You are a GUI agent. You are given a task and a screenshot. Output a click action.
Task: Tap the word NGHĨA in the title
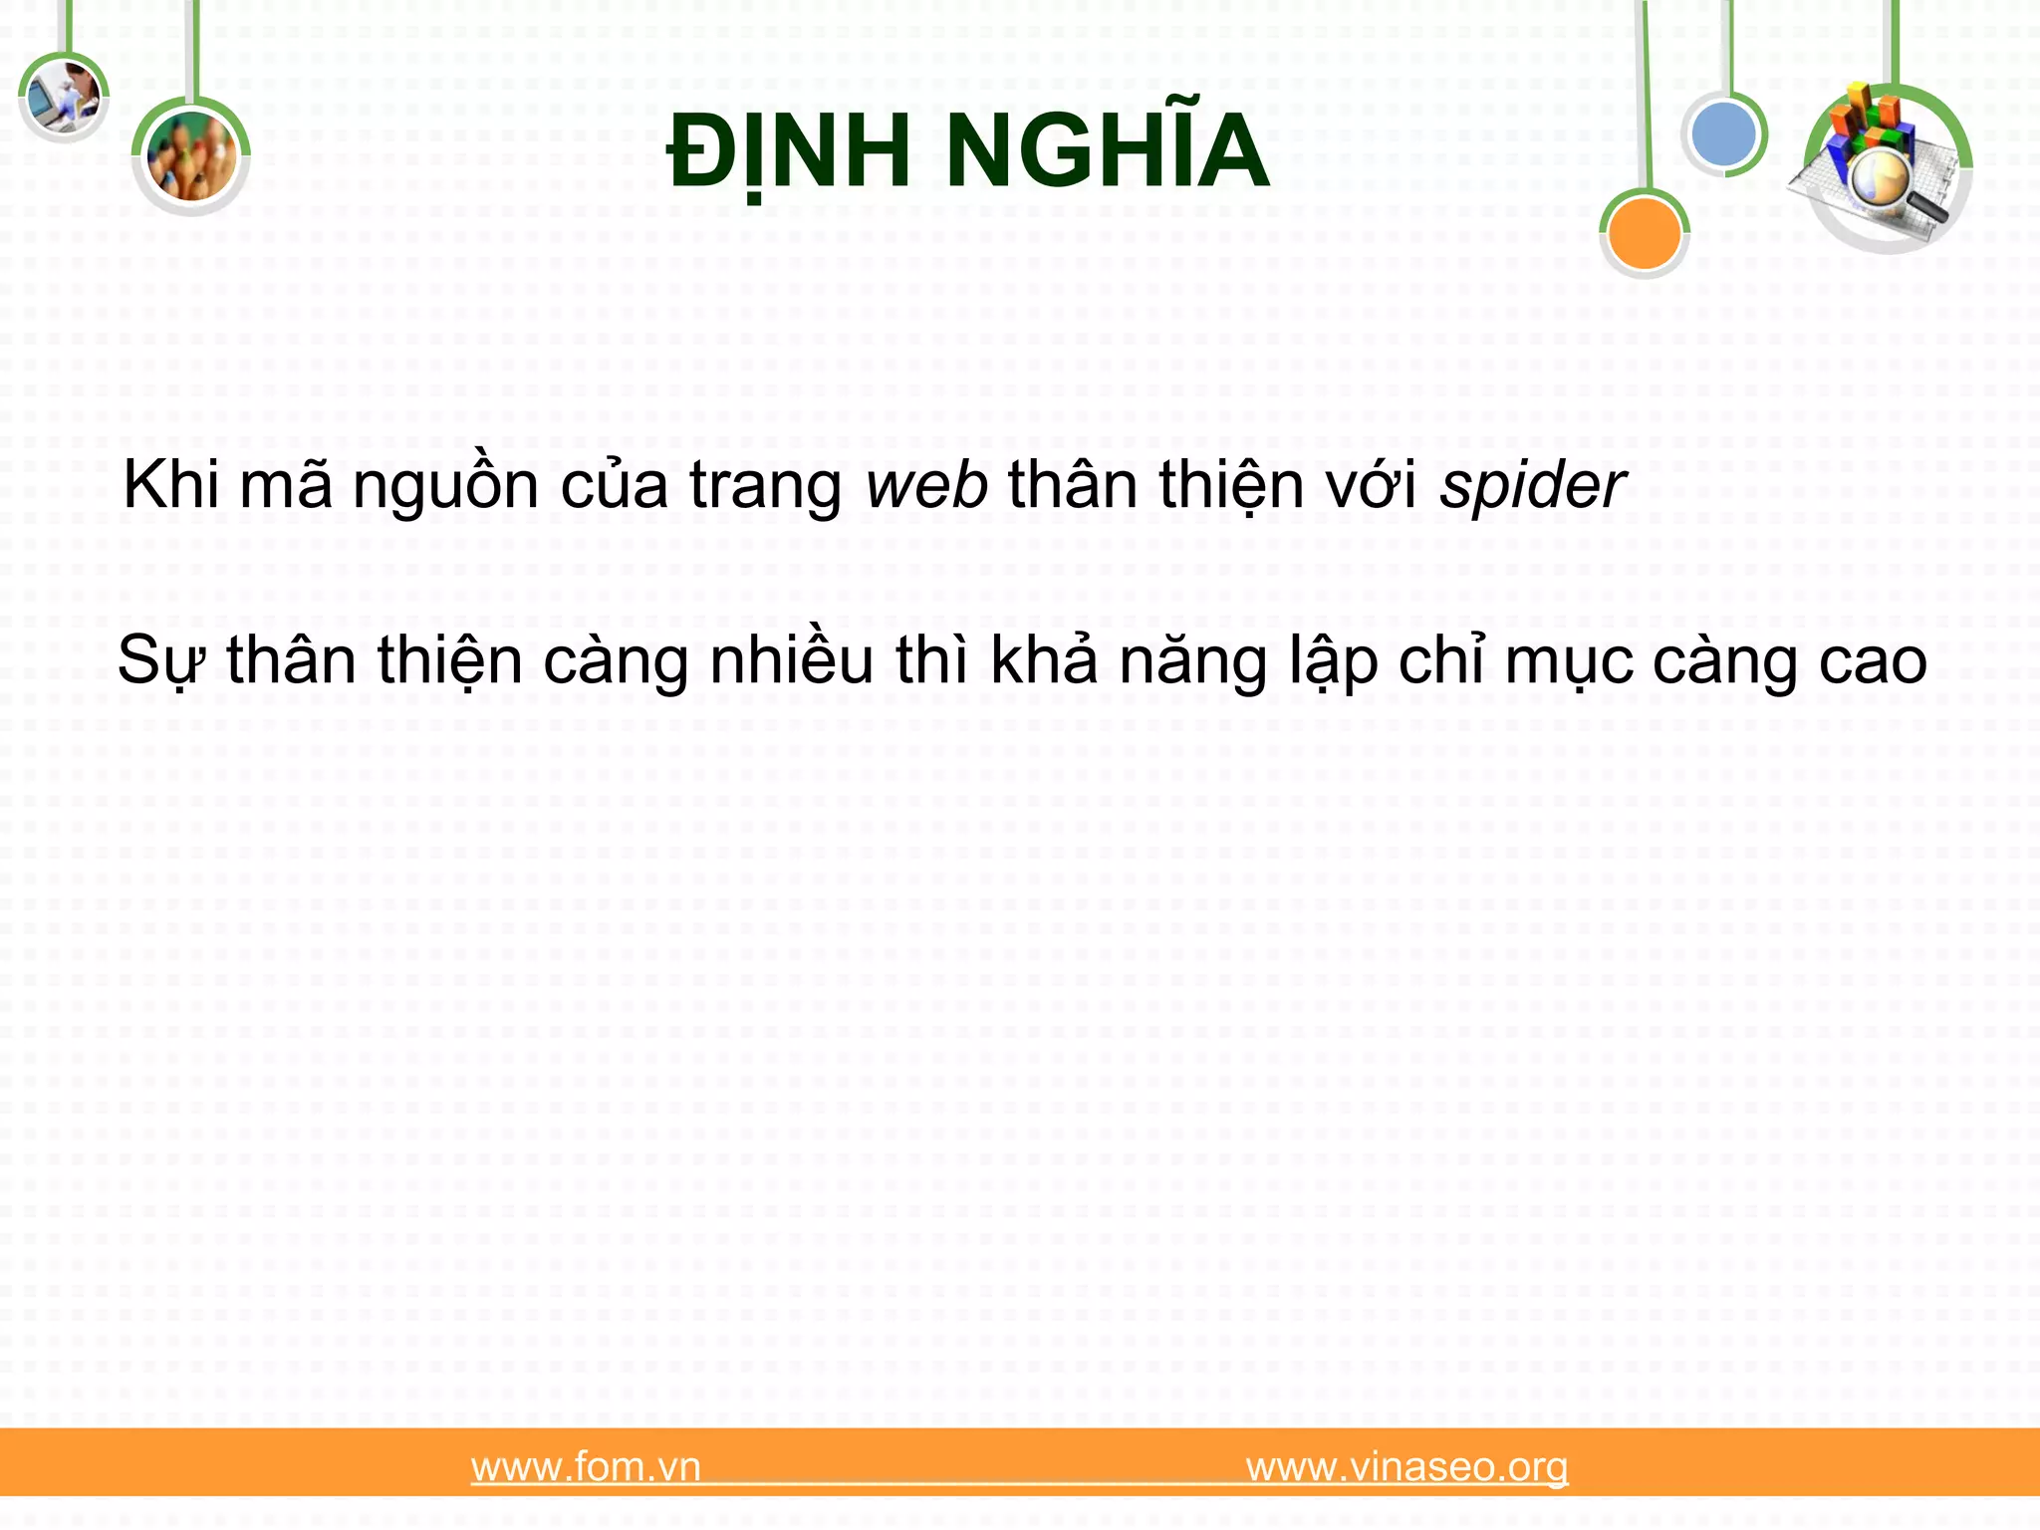tap(1106, 151)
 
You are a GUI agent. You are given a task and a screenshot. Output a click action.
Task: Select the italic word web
tap(926, 487)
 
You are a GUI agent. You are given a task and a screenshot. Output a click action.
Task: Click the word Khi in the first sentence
tap(170, 487)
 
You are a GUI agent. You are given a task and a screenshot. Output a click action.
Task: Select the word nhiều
tap(791, 660)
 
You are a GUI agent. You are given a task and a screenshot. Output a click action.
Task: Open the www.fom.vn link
tap(586, 1467)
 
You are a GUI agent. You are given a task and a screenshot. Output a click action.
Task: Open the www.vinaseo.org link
tap(1406, 1467)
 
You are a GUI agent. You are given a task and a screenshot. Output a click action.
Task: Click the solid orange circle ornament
tap(1644, 233)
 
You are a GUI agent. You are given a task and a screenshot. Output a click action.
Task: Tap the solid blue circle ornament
tap(1724, 134)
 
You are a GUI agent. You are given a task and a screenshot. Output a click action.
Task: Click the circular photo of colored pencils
tap(191, 156)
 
